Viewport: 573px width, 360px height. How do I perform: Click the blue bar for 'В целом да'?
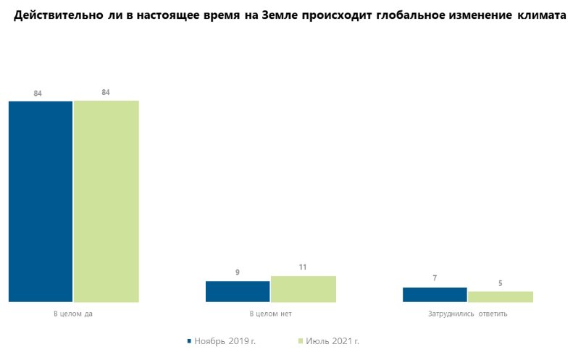pyautogui.click(x=41, y=201)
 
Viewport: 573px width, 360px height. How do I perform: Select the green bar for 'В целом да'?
pyautogui.click(x=106, y=201)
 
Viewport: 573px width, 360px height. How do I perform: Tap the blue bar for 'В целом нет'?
pyautogui.click(x=238, y=291)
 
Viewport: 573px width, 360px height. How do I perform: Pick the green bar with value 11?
pyautogui.click(x=303, y=288)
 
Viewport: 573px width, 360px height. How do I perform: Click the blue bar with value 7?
pyautogui.click(x=435, y=294)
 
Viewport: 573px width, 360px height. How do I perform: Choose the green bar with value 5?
pyautogui.click(x=500, y=296)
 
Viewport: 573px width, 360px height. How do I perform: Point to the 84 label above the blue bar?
pyautogui.click(x=38, y=93)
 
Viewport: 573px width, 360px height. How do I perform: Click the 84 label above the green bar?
pyautogui.click(x=106, y=92)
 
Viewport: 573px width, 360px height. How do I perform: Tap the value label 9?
pyautogui.click(x=237, y=272)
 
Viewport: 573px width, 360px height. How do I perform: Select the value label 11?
pyautogui.click(x=303, y=267)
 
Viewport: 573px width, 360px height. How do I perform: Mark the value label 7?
pyautogui.click(x=435, y=278)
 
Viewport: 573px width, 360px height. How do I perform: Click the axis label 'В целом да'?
pyautogui.click(x=73, y=314)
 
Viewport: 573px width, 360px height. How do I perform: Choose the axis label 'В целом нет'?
pyautogui.click(x=270, y=314)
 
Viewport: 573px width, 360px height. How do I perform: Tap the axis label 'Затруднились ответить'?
pyautogui.click(x=467, y=314)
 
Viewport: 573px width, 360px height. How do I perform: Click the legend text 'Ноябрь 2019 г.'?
pyautogui.click(x=225, y=340)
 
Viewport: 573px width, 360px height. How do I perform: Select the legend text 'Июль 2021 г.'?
pyautogui.click(x=333, y=340)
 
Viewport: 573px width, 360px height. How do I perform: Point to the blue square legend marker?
pyautogui.click(x=189, y=340)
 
